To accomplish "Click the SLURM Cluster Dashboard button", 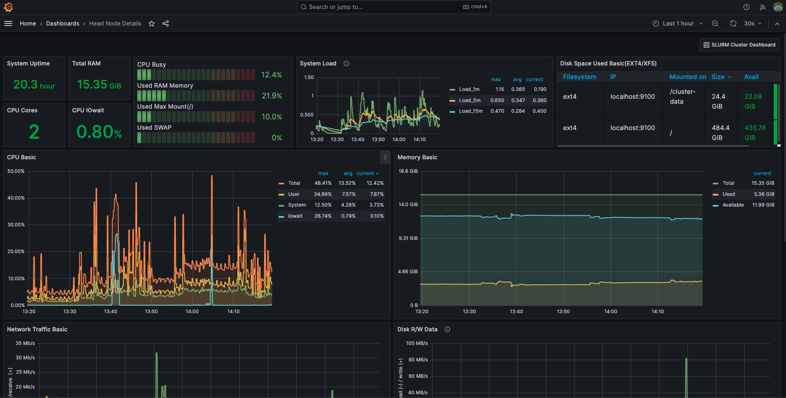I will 739,45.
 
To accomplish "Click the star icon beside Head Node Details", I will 152,23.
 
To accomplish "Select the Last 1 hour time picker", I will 678,23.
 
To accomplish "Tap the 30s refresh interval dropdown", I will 752,23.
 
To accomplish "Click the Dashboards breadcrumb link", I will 63,23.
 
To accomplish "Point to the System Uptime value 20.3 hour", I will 34,85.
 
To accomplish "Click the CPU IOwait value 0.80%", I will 99,132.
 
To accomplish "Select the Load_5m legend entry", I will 469,100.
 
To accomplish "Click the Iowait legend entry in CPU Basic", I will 295,216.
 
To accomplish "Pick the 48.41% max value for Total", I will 323,183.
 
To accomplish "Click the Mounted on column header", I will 687,77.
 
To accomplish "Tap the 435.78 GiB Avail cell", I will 755,133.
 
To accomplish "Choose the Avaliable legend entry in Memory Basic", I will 733,205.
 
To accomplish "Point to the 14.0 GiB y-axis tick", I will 408,205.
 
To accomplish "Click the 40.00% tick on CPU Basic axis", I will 16,198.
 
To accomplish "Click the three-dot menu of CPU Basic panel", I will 385,157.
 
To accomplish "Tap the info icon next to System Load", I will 346,63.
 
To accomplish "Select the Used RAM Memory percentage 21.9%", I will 272,96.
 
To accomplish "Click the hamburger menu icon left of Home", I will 8,23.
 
